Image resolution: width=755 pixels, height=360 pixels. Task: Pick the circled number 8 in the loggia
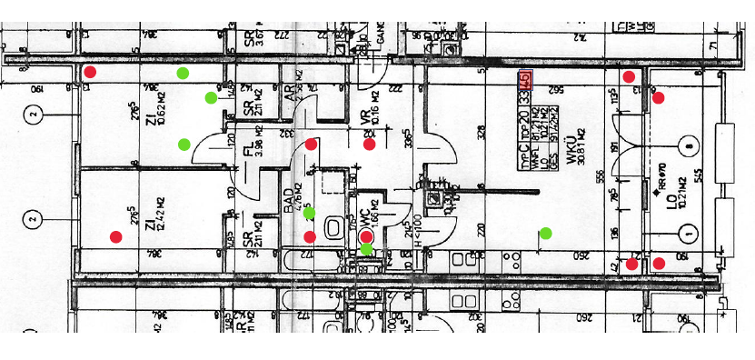tap(690, 145)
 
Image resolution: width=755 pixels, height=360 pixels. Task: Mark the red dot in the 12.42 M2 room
tap(115, 237)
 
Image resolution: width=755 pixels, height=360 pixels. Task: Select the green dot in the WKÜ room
tap(545, 233)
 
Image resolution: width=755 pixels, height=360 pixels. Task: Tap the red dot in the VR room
tap(370, 144)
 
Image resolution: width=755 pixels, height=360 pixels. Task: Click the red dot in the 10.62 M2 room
tap(90, 72)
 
